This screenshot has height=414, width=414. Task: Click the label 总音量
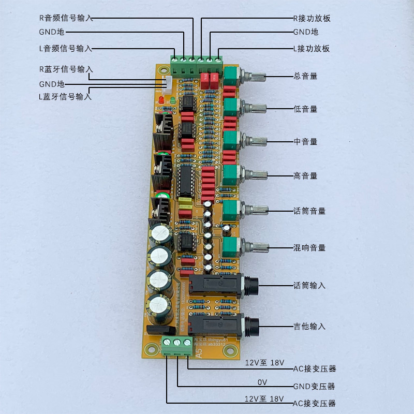click(x=305, y=76)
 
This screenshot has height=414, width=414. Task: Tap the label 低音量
click(x=305, y=109)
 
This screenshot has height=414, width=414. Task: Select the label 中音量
click(x=305, y=142)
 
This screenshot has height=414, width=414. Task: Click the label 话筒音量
click(x=309, y=211)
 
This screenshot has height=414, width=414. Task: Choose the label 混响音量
click(x=309, y=248)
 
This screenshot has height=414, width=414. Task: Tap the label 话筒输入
click(x=309, y=286)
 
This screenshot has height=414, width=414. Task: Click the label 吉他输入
click(x=309, y=327)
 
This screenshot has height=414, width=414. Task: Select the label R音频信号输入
click(x=66, y=17)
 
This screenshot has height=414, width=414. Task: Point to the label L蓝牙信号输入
click(x=65, y=97)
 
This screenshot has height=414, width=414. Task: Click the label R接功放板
click(x=312, y=19)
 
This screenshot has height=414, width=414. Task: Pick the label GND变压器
click(x=314, y=387)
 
